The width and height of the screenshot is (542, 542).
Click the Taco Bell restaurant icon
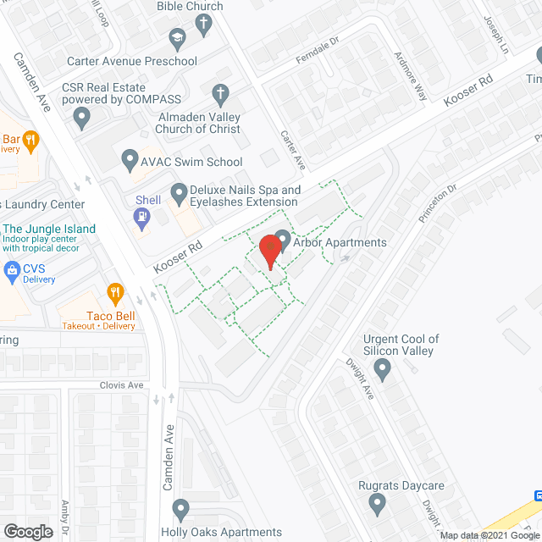115,294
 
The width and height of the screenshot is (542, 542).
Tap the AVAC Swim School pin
130,159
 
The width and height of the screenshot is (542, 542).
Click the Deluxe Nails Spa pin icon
179,194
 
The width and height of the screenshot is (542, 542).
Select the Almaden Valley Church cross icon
219,93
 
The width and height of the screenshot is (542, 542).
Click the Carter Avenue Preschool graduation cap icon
177,37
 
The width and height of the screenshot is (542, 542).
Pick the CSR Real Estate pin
82,119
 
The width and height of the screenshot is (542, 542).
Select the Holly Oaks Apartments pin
180,509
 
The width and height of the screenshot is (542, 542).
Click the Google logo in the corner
27,532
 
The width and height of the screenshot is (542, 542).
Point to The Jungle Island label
49,230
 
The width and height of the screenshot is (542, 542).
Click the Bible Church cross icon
203,25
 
